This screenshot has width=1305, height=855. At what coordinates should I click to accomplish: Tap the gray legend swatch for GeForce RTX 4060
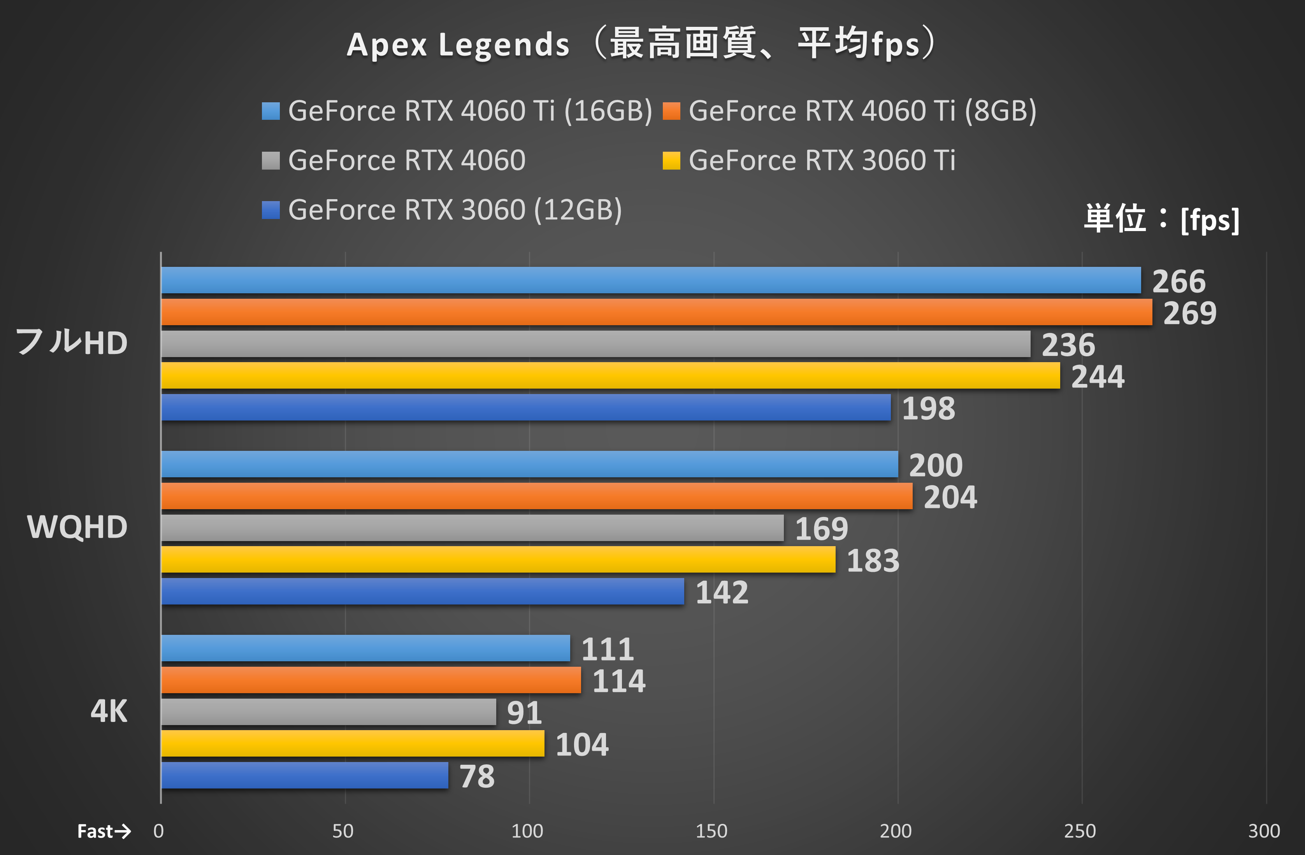[271, 161]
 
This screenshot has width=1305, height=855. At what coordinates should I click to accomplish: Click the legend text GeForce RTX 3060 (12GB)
[455, 210]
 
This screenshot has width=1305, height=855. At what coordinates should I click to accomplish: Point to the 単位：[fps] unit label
[1161, 219]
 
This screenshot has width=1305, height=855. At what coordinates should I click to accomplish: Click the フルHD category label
[71, 343]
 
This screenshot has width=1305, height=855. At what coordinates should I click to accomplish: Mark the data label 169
[821, 529]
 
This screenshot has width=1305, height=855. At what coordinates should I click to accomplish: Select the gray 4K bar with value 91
[329, 711]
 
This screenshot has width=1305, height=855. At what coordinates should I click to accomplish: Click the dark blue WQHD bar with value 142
[422, 591]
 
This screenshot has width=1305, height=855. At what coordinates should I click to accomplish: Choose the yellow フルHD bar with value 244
[610, 375]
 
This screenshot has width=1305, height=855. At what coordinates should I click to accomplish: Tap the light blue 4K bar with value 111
[366, 648]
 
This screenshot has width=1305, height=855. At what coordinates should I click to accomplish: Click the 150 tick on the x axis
[712, 831]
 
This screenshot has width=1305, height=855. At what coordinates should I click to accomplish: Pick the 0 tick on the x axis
[158, 831]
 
